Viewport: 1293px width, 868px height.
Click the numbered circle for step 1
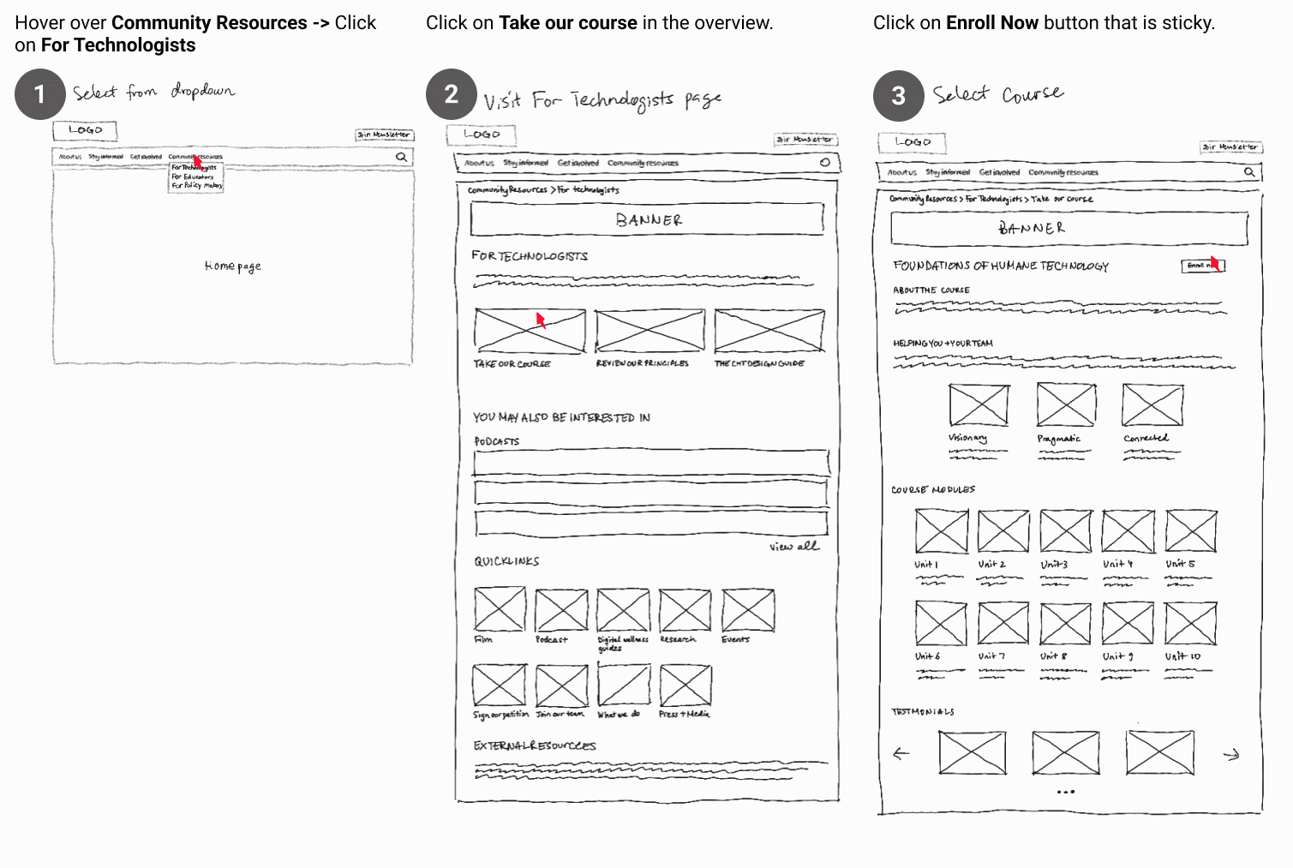[39, 94]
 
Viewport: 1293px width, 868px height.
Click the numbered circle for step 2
[451, 94]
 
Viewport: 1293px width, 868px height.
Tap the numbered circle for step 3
[898, 95]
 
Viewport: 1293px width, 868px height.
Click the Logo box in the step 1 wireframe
[85, 130]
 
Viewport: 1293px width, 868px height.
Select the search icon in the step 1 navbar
[401, 158]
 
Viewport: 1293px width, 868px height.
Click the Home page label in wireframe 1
[232, 266]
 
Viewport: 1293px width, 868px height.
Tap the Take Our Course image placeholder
[530, 331]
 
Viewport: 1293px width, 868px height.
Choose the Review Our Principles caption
[642, 363]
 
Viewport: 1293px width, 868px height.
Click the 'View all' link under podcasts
[793, 546]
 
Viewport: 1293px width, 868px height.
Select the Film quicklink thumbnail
[500, 609]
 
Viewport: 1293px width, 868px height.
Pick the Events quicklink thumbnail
[748, 610]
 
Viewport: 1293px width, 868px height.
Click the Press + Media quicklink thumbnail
[685, 685]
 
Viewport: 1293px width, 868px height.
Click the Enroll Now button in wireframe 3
[1202, 266]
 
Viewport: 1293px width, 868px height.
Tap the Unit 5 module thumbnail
[1190, 531]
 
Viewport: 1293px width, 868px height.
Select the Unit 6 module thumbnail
[941, 623]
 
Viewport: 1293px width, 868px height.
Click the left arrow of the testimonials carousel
[901, 754]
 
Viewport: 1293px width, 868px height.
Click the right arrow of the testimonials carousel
[1231, 755]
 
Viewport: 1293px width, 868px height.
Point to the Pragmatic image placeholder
[1066, 404]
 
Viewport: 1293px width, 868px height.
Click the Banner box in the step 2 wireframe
[647, 219]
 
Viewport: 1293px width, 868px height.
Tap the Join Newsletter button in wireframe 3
[1230, 147]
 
